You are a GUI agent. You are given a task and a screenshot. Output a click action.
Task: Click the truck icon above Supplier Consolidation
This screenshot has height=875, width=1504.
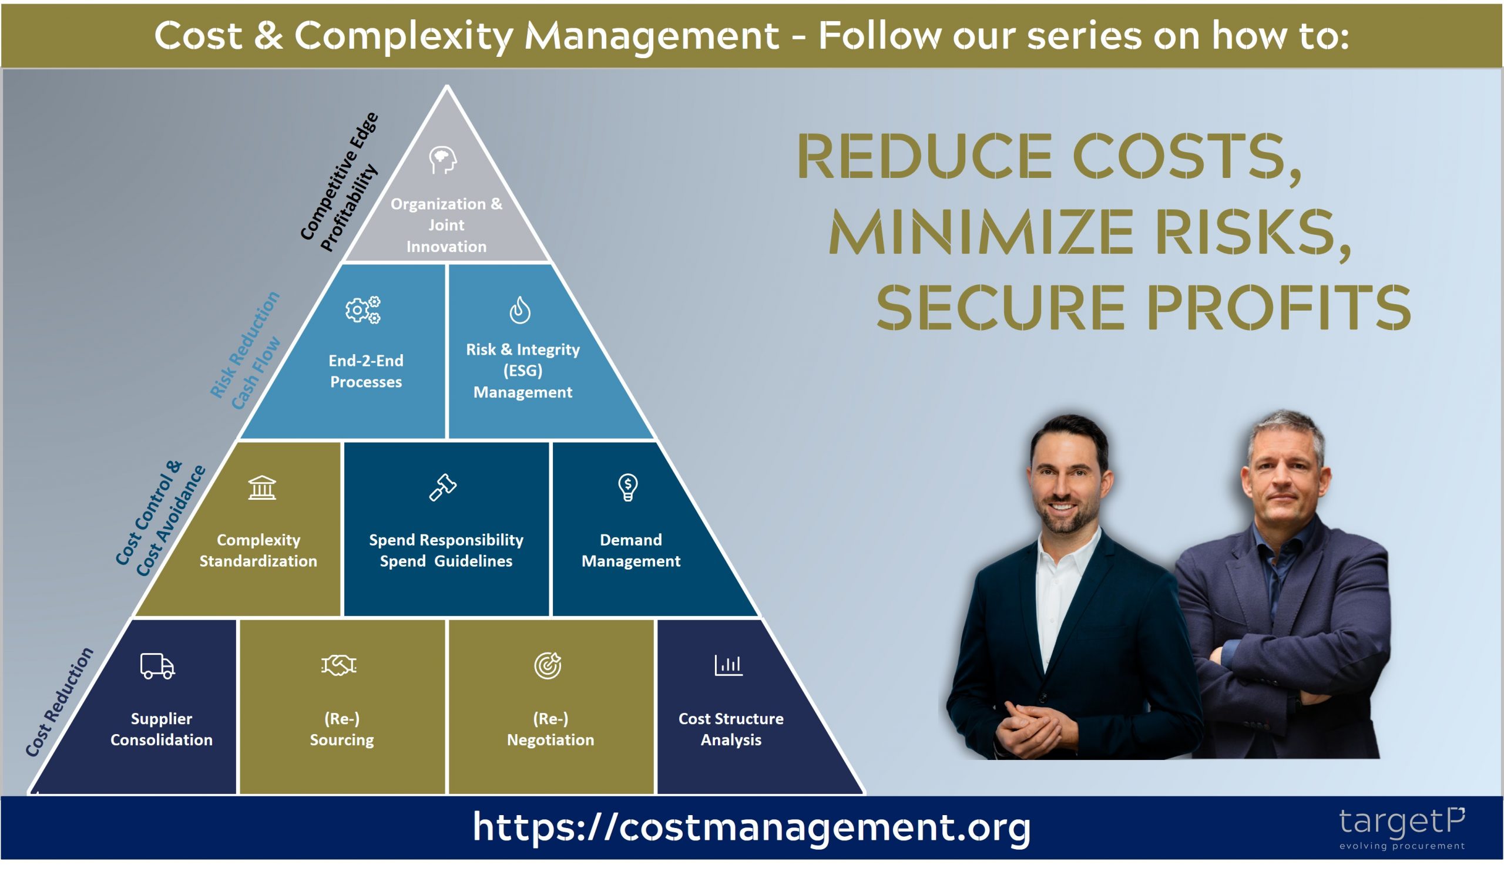coord(157,665)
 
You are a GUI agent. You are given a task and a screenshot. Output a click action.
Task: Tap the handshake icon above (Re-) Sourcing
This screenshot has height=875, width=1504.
coord(338,665)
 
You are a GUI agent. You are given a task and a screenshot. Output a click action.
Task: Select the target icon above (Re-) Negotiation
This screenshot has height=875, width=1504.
coord(548,665)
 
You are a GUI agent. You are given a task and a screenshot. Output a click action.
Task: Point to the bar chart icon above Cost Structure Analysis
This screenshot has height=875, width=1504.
coord(728,665)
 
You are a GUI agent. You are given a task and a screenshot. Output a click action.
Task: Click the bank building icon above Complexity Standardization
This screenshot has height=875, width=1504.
coord(262,487)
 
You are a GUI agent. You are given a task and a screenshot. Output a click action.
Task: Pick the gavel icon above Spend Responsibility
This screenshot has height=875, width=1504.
coord(443,487)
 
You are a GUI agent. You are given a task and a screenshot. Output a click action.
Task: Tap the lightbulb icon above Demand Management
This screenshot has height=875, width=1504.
coord(628,487)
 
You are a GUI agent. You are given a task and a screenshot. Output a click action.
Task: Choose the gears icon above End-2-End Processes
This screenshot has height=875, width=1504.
coord(363,309)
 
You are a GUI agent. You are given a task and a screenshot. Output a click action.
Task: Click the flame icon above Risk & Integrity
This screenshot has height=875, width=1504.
coord(520,310)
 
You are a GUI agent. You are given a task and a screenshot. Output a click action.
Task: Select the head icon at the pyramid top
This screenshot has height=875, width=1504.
coord(443,160)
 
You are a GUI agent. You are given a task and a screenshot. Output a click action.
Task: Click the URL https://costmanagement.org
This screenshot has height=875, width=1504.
coord(751,827)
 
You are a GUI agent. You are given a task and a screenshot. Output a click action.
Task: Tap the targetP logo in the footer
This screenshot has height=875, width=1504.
coord(1401,827)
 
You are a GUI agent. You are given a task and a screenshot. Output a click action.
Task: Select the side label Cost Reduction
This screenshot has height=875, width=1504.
coord(60,702)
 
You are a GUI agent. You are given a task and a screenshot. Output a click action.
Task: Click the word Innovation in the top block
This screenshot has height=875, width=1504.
coord(446,246)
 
